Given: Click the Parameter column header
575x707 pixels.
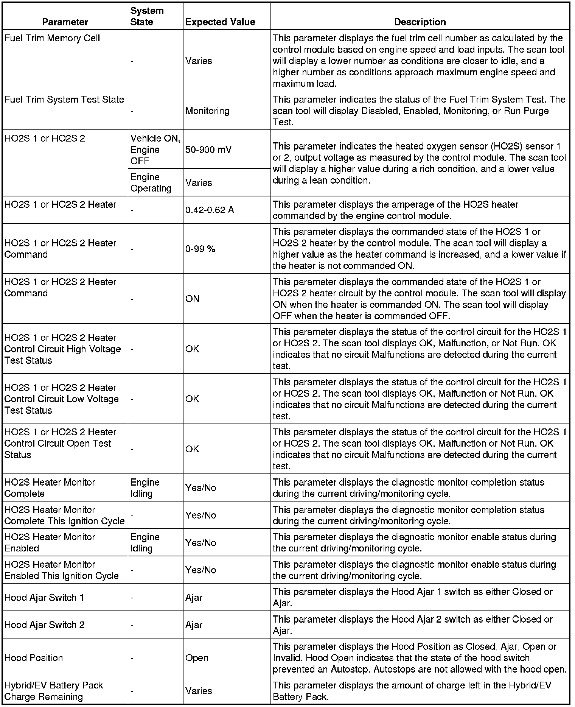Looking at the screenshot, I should [65, 22].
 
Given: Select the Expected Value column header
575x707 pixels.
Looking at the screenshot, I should [220, 22].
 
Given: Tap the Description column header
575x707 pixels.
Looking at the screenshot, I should [420, 22].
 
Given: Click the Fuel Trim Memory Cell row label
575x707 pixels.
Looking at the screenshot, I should [52, 38].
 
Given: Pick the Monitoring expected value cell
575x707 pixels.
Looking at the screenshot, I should [207, 111].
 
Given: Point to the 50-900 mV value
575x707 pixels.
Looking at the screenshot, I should [208, 149].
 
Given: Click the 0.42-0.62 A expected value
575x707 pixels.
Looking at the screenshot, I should [210, 210].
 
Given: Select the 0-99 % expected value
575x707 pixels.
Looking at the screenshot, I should [200, 249].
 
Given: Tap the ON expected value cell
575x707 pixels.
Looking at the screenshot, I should [192, 299].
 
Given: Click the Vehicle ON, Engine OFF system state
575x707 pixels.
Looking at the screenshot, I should [155, 149].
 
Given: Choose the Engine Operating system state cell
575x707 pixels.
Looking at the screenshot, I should [151, 182].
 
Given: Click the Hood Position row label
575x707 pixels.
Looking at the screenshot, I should [34, 658].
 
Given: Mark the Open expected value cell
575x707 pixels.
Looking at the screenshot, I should [197, 658].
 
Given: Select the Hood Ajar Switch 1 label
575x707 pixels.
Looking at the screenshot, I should [44, 598].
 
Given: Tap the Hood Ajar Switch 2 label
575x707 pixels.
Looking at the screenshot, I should [45, 625].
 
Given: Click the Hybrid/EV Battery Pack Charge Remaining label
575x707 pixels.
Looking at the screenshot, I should [53, 691].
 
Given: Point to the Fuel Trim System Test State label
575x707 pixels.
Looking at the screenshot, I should [64, 100].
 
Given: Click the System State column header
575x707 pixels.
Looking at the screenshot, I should [147, 16].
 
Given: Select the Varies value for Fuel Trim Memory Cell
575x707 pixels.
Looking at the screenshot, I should [199, 61].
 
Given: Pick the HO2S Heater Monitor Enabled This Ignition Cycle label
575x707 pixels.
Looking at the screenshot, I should [62, 570].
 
